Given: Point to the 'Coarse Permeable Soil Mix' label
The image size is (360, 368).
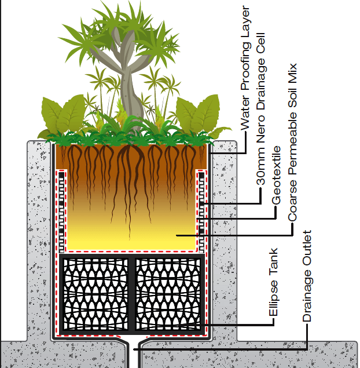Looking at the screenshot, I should (292, 142).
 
